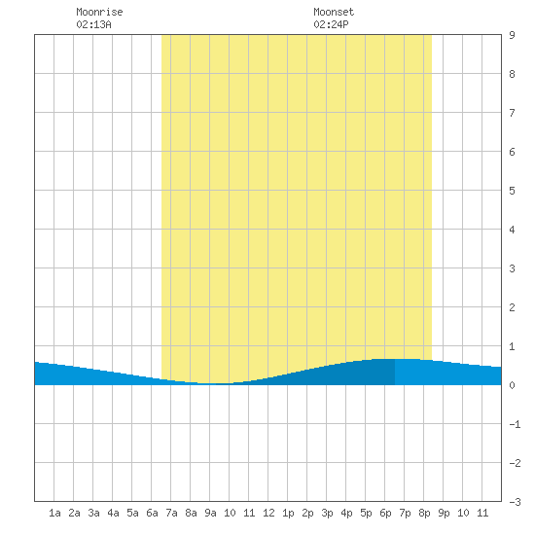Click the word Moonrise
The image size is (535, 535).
(99, 12)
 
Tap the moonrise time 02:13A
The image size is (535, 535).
(93, 24)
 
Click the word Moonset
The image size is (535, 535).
(334, 12)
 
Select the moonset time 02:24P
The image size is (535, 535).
(331, 24)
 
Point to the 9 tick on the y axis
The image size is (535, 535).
(512, 35)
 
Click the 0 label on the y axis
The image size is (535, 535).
(512, 385)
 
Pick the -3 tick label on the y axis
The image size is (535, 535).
(515, 502)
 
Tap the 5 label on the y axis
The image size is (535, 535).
(512, 191)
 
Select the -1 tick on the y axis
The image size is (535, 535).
(515, 424)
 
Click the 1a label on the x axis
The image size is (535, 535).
(54, 513)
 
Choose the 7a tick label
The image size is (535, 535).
(171, 513)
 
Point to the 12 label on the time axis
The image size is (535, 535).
(268, 513)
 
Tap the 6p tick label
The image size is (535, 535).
(385, 513)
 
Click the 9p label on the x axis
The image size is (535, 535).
(444, 513)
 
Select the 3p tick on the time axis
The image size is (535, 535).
(327, 513)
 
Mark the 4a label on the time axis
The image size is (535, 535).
(113, 513)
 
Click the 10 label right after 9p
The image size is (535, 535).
(463, 513)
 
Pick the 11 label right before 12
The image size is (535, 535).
(249, 513)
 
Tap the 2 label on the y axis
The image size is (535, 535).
(512, 307)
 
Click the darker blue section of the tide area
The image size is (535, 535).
(341, 374)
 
